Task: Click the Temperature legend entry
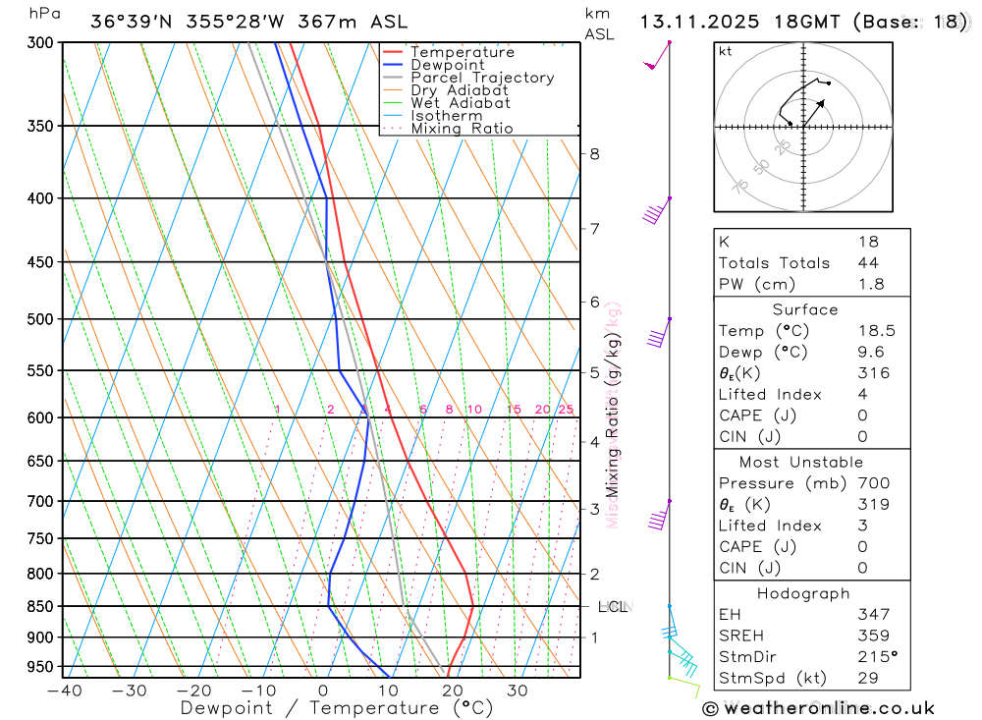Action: [x=462, y=52]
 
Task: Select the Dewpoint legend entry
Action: [x=447, y=65]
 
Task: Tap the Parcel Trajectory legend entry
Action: [x=482, y=78]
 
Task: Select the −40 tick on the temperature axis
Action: [x=64, y=691]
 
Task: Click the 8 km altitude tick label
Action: [x=594, y=154]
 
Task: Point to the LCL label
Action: [x=615, y=607]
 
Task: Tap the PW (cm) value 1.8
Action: [x=870, y=285]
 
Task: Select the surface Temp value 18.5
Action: [x=876, y=331]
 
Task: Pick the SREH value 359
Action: [x=874, y=636]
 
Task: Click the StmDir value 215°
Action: [x=876, y=657]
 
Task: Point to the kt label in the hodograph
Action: [x=726, y=51]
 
